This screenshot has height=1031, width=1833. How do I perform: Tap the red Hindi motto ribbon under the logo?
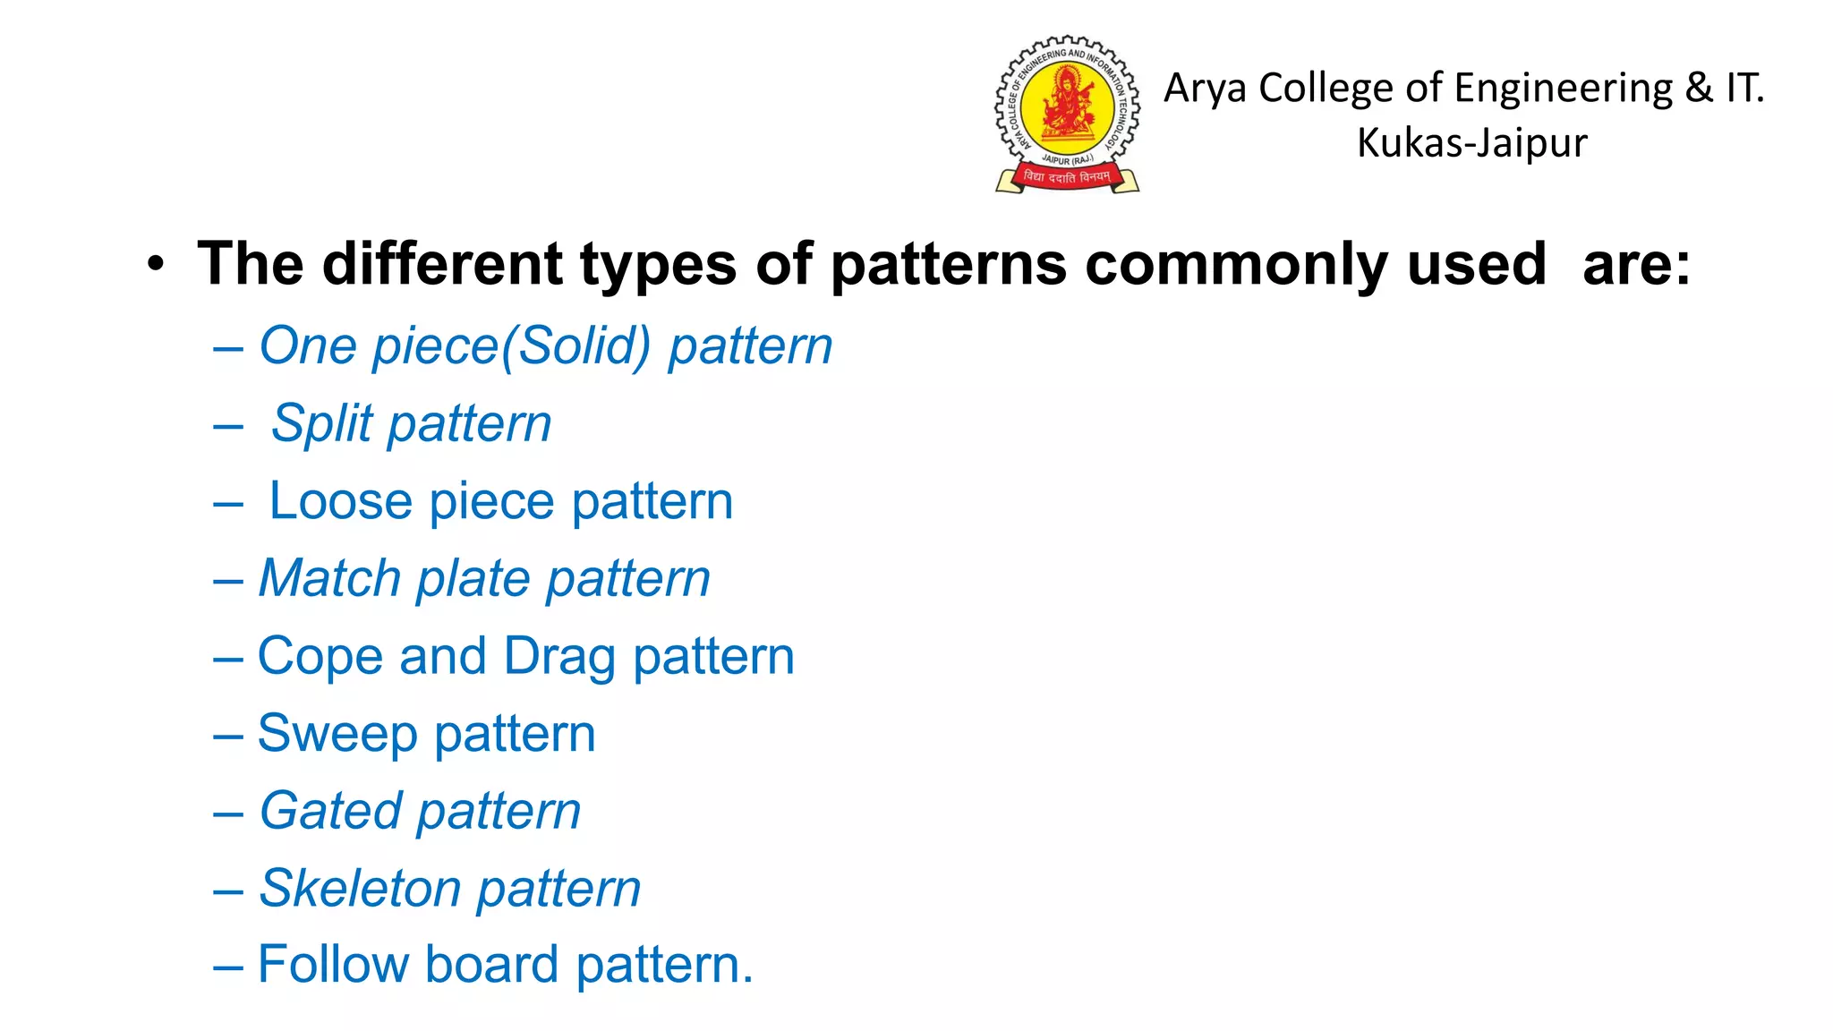tap(1067, 177)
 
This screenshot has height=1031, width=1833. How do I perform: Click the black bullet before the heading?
tap(157, 264)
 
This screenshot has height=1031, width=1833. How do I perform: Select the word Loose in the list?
tap(340, 500)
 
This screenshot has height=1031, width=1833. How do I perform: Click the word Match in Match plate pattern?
tap(329, 578)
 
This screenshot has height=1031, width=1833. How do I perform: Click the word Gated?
tap(330, 812)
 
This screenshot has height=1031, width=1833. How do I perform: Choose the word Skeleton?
tap(359, 889)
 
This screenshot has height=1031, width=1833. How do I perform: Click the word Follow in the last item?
tap(332, 965)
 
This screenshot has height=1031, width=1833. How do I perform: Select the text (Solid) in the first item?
tap(575, 346)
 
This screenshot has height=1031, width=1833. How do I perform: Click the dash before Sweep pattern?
tap(228, 737)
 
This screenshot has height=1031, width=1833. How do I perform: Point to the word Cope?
tap(320, 657)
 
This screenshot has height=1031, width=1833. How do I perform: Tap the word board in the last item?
tap(491, 965)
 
